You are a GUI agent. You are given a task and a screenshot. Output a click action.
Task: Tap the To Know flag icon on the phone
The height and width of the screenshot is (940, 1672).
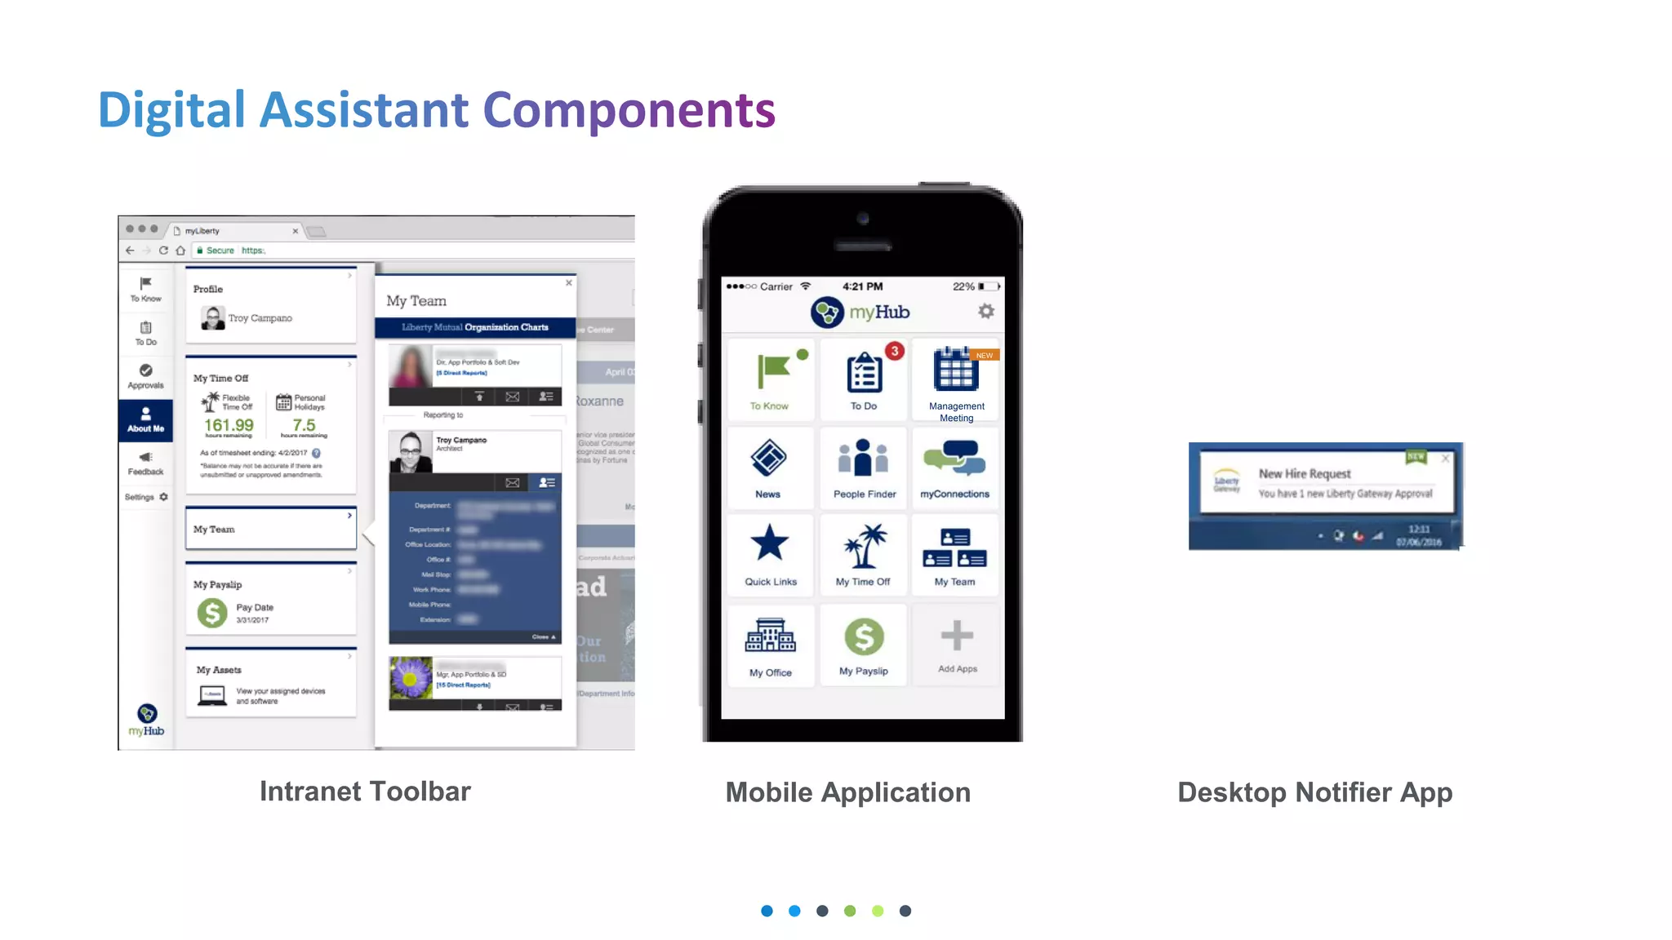(773, 371)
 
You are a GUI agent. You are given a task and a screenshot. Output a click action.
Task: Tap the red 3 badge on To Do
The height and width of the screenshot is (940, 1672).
(895, 351)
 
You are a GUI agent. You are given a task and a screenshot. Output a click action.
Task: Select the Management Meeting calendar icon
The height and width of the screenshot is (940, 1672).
(955, 370)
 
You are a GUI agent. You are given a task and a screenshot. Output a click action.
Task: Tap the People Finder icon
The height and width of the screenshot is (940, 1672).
(863, 458)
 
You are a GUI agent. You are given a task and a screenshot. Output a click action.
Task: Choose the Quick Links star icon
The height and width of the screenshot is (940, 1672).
(769, 543)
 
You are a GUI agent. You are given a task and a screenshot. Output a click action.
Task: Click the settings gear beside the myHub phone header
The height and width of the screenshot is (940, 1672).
(986, 312)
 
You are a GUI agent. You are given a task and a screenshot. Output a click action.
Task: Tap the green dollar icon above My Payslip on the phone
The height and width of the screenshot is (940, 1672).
(864, 636)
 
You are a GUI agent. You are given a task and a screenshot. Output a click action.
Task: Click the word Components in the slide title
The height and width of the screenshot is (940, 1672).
(629, 110)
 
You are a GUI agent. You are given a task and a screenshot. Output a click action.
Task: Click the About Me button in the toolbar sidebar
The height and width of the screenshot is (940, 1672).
(145, 419)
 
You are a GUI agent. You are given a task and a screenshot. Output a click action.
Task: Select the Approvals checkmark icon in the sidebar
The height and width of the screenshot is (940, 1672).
(145, 370)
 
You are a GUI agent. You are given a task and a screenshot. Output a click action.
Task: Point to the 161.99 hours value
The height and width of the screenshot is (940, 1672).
(229, 425)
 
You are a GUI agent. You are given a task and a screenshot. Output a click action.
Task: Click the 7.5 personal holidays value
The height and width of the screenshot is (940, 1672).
(304, 425)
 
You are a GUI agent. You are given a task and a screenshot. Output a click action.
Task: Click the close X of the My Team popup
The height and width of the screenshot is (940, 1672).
(569, 283)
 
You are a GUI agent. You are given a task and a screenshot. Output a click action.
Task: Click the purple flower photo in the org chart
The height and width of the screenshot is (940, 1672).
(411, 678)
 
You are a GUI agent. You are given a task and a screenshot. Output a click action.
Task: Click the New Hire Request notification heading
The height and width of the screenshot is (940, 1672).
(1305, 474)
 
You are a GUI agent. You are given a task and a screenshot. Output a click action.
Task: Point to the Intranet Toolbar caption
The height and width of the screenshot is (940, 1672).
(365, 791)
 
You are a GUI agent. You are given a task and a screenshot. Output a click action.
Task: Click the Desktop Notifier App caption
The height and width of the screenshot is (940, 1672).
(1314, 792)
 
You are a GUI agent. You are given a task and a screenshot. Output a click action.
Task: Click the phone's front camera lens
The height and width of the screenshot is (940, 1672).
(863, 219)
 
